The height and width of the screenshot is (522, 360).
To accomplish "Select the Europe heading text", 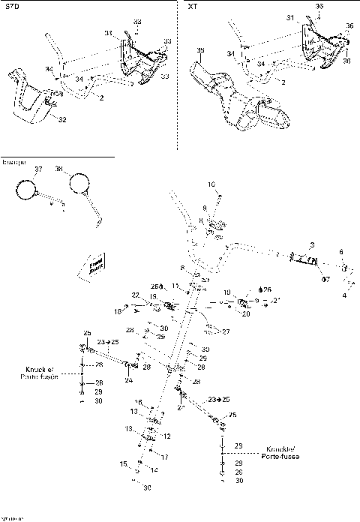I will pyautogui.click(x=13, y=162).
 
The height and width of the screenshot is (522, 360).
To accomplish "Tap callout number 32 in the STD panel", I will pyautogui.click(x=61, y=119).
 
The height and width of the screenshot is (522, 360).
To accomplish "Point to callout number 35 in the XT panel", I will pyautogui.click(x=199, y=50).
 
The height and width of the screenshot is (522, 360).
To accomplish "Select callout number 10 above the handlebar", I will pyautogui.click(x=211, y=184).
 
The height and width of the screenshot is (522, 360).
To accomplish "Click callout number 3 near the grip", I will pyautogui.click(x=312, y=245).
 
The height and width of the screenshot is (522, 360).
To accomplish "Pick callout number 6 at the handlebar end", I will pyautogui.click(x=340, y=252).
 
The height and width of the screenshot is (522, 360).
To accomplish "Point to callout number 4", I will pyautogui.click(x=344, y=295).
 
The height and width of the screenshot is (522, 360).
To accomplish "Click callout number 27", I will pyautogui.click(x=226, y=331).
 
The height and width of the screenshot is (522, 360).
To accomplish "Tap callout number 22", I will pyautogui.click(x=136, y=295).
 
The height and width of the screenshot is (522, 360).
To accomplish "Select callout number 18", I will pyautogui.click(x=118, y=310).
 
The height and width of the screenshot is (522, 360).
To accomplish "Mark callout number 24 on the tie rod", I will pyautogui.click(x=128, y=380).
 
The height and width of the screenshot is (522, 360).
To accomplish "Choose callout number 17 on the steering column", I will pyautogui.click(x=165, y=457).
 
